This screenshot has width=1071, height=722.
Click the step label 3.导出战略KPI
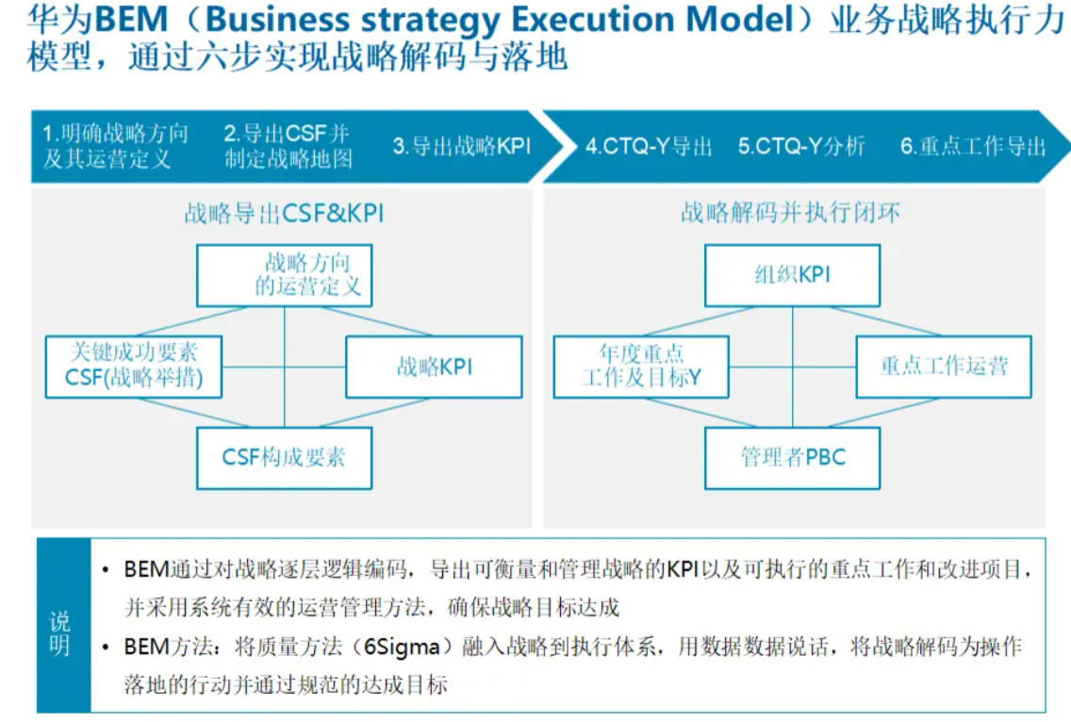pyautogui.click(x=462, y=146)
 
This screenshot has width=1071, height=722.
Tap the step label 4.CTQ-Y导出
pyautogui.click(x=649, y=146)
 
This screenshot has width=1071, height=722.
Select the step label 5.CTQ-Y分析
pyautogui.click(x=801, y=146)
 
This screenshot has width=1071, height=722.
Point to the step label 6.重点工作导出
pyautogui.click(x=973, y=146)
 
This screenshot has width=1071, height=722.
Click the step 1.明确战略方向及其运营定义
pyautogui.click(x=115, y=146)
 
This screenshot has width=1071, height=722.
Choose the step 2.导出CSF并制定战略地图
pyautogui.click(x=288, y=146)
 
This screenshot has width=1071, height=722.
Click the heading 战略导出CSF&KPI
pyautogui.click(x=284, y=214)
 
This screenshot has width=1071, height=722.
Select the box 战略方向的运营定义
pyautogui.click(x=285, y=275)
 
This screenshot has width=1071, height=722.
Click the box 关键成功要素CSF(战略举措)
pyautogui.click(x=134, y=367)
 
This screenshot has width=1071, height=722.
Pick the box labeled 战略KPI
pyautogui.click(x=434, y=367)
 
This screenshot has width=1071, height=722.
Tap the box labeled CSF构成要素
pyautogui.click(x=285, y=458)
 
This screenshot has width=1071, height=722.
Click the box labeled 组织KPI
pyautogui.click(x=792, y=275)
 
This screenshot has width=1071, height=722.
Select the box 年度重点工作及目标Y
pyautogui.click(x=641, y=367)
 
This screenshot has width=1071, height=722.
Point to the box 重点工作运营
pyautogui.click(x=944, y=367)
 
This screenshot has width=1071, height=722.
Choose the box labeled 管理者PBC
pyautogui.click(x=792, y=458)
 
